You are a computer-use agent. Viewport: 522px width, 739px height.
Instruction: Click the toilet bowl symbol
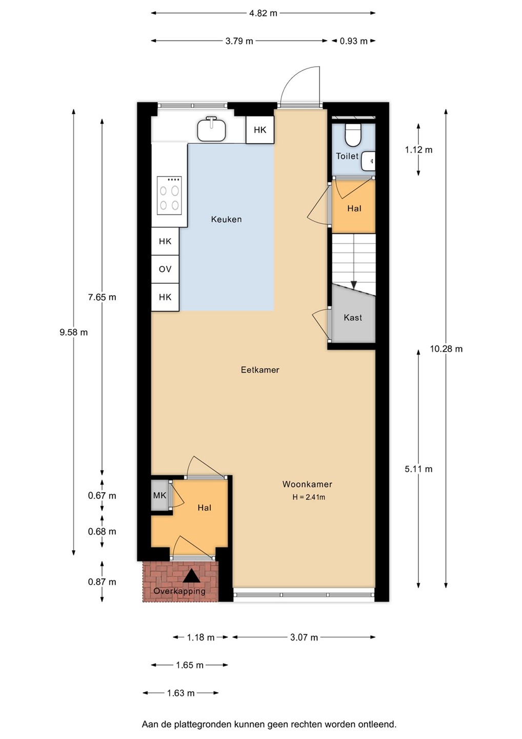pos(353,135)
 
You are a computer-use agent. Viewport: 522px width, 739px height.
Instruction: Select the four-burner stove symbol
pos(169,196)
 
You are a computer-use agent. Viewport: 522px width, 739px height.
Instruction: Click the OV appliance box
pos(165,269)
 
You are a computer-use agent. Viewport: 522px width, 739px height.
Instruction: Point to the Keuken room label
pos(227,219)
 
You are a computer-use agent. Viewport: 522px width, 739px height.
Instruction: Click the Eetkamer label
pos(260,370)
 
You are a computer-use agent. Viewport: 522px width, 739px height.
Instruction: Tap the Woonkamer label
pos(307,484)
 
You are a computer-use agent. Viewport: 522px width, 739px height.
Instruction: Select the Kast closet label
pos(353,317)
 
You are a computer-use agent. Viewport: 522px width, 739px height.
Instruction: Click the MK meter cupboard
pos(160,495)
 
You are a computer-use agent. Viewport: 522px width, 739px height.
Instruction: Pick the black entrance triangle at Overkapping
pos(191,577)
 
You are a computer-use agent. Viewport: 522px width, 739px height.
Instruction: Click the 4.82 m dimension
pos(263,13)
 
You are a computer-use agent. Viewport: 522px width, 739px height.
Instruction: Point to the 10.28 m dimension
pos(446,349)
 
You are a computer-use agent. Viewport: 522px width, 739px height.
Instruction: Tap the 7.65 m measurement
pos(102,297)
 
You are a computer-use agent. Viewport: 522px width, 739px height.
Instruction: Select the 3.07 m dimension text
pos(304,637)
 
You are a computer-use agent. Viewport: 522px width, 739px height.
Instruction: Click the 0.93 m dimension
pos(353,41)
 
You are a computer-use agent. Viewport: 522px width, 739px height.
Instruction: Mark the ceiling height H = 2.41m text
pos(309,497)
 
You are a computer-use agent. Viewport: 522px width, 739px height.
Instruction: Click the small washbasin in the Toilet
pos(368,161)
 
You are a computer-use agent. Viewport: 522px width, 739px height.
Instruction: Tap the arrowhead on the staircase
pos(354,285)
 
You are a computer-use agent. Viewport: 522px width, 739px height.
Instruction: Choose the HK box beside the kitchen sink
pos(260,130)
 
